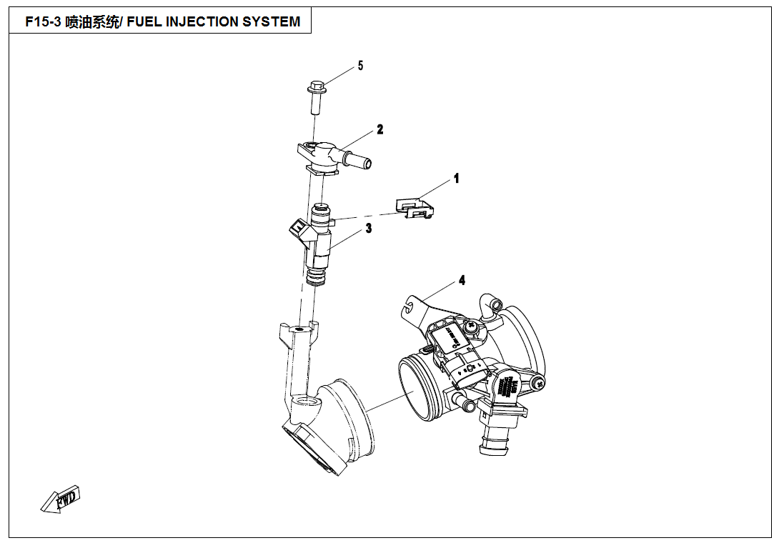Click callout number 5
tap(360, 66)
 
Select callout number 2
tap(380, 129)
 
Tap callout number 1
tap(457, 179)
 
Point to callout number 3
tap(369, 229)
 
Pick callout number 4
tap(462, 281)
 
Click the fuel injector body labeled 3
tap(320, 243)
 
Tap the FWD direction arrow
tap(62, 499)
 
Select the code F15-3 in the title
tap(43, 22)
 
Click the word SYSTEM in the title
tap(272, 22)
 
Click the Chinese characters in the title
tap(91, 22)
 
